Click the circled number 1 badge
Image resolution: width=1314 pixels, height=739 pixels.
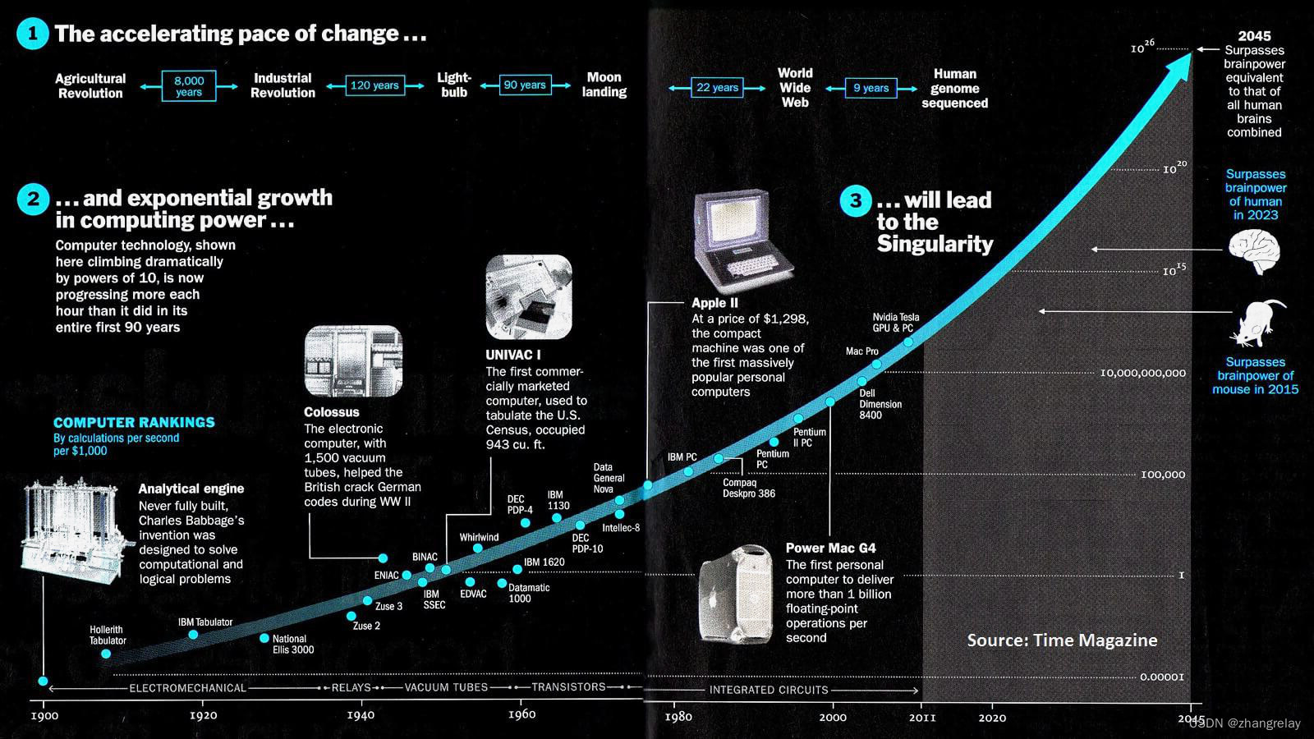33,34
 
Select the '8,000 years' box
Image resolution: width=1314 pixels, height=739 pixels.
189,86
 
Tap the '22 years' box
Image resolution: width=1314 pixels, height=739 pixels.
717,88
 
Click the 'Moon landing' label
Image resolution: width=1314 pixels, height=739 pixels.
604,85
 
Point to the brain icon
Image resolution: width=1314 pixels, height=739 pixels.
1254,251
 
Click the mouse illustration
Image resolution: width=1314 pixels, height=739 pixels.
1256,323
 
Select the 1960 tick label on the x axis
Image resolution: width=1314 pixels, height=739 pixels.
521,714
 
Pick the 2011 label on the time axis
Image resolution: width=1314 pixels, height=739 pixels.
922,718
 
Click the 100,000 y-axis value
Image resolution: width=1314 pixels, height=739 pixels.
1163,475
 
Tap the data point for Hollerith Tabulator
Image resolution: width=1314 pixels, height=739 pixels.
106,654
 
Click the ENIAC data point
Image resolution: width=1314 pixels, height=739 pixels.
407,575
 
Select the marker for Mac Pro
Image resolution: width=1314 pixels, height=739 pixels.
876,364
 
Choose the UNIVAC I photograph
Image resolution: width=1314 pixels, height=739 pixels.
528,297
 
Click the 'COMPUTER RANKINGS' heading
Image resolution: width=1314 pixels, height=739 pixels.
134,422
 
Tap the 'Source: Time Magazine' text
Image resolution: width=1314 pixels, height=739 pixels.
1062,640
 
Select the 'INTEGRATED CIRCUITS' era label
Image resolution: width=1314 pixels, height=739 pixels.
769,690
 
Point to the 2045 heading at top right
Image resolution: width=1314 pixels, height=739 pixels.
1254,36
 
